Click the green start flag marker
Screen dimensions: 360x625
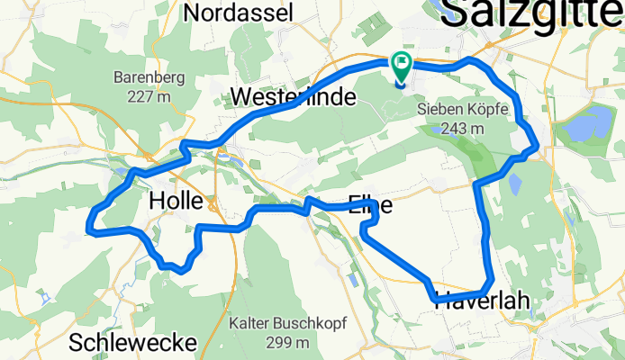pyautogui.click(x=401, y=65)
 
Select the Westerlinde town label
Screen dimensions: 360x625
pyautogui.click(x=294, y=97)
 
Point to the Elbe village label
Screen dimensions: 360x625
pyautogui.click(x=369, y=204)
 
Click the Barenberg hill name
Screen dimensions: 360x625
pyautogui.click(x=149, y=77)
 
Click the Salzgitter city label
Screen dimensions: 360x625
pyautogui.click(x=531, y=13)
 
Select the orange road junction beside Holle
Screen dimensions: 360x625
pyautogui.click(x=213, y=205)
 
